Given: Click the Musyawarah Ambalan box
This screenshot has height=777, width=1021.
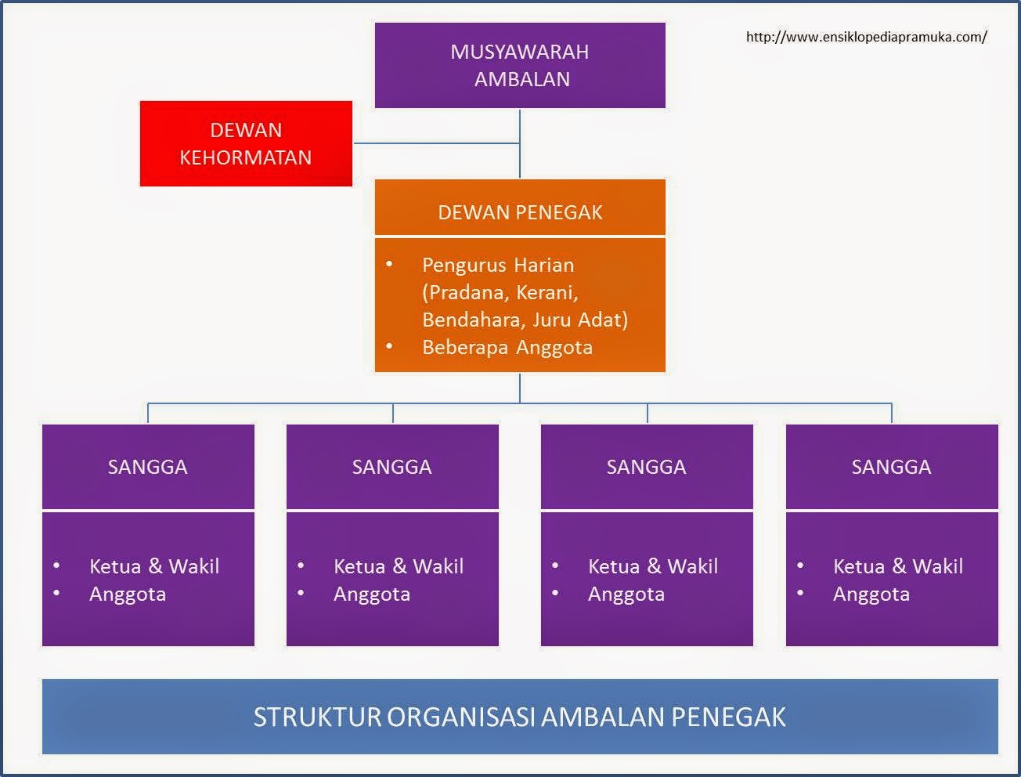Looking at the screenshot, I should click(520, 65).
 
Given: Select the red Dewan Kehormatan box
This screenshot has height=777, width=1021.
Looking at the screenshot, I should click(246, 143).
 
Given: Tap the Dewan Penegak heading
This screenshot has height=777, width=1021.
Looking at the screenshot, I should click(520, 212).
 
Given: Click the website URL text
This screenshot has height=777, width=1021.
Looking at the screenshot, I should click(866, 37).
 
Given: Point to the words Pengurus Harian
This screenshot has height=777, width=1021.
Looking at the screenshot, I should click(498, 265).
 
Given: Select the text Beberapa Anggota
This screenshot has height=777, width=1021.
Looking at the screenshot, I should click(507, 347).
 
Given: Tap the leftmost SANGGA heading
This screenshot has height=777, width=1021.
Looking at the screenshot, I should click(147, 467).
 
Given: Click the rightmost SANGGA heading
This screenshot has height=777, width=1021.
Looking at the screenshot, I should click(891, 467).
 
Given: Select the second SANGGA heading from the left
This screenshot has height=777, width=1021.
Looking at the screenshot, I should click(391, 467).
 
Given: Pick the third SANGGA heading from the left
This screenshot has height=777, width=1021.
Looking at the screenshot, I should click(646, 467).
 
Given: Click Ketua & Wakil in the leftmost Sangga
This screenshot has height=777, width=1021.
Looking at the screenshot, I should click(154, 566).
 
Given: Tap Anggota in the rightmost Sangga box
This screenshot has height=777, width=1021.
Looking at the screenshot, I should click(871, 594).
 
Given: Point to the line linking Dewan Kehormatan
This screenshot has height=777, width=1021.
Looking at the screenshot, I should click(435, 143).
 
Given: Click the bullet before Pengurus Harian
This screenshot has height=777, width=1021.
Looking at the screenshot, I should click(389, 264).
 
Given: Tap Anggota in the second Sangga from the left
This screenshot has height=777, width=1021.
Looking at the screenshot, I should click(371, 594).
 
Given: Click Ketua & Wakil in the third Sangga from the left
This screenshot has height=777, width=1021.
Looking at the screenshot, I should click(652, 566).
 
